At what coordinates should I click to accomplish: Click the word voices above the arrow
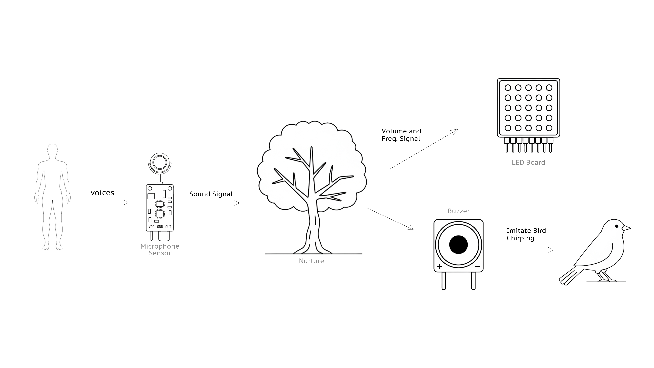pyautogui.click(x=102, y=193)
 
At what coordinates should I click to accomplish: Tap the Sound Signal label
pyautogui.click(x=211, y=194)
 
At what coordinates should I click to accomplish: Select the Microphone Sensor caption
pyautogui.click(x=160, y=250)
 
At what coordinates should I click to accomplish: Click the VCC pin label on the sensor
pyautogui.click(x=151, y=227)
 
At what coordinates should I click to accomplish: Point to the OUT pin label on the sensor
pyautogui.click(x=168, y=227)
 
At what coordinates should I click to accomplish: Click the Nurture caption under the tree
pyautogui.click(x=311, y=261)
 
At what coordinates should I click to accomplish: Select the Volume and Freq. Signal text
pyautogui.click(x=401, y=135)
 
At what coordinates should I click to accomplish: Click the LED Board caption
pyautogui.click(x=528, y=163)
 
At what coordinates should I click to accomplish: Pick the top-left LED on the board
pyautogui.click(x=508, y=88)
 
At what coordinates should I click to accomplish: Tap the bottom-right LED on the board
pyautogui.click(x=549, y=128)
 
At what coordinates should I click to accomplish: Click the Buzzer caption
pyautogui.click(x=458, y=211)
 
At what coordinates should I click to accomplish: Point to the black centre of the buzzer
pyautogui.click(x=458, y=245)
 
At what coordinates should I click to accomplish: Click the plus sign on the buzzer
pyautogui.click(x=439, y=266)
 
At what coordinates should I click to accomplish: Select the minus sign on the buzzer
pyautogui.click(x=477, y=266)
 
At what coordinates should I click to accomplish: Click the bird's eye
pyautogui.click(x=617, y=226)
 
